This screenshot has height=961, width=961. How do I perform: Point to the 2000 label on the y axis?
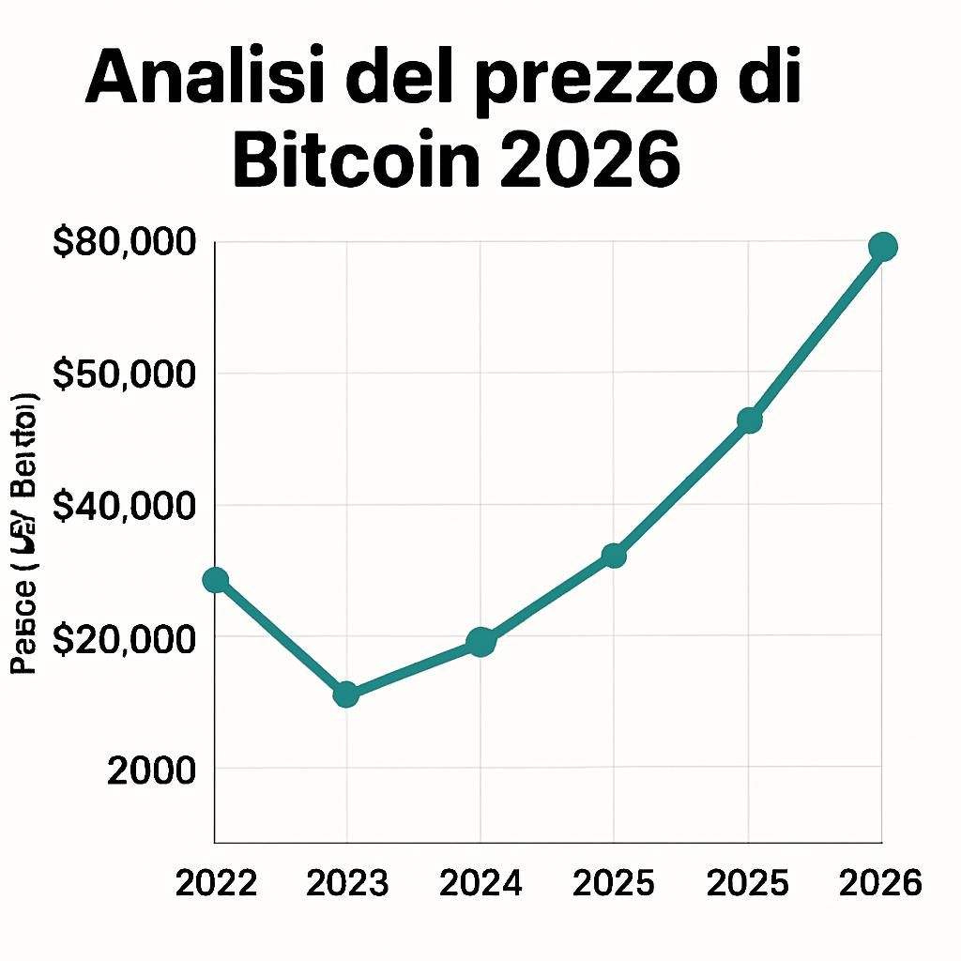[152, 770]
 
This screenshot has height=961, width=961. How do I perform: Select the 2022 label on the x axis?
[216, 883]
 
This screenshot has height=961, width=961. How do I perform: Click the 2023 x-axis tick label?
[348, 883]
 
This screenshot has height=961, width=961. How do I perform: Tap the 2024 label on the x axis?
[480, 883]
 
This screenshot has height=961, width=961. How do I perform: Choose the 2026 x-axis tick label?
[881, 883]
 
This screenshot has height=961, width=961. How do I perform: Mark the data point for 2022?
[216, 580]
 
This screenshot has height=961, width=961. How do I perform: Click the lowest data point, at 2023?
[346, 694]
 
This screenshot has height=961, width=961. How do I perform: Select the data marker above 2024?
[480, 643]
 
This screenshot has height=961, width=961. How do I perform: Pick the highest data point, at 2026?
[882, 247]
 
